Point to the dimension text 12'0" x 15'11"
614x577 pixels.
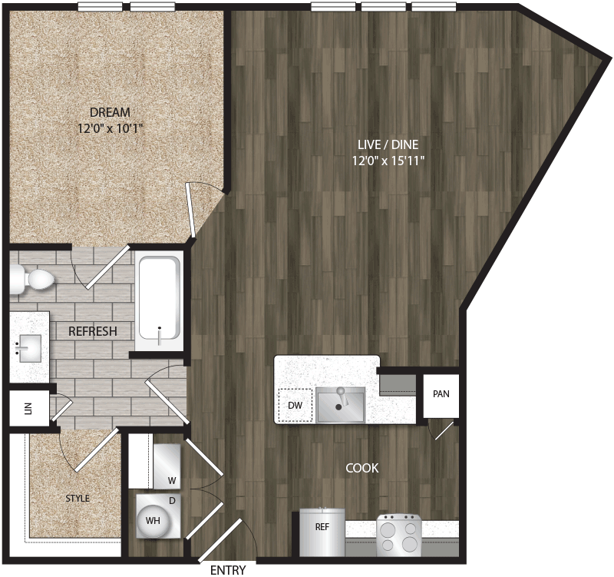(386, 161)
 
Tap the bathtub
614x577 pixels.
(159, 301)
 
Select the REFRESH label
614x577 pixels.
(92, 332)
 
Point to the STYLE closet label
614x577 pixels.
(77, 499)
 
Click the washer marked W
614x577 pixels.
(167, 464)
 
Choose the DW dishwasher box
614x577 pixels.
(294, 405)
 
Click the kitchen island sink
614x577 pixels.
(340, 404)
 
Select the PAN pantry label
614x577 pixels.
(441, 394)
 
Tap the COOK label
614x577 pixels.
(362, 467)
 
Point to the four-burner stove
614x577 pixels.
(398, 535)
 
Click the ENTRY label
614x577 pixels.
(228, 570)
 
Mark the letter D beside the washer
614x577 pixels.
(173, 500)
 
